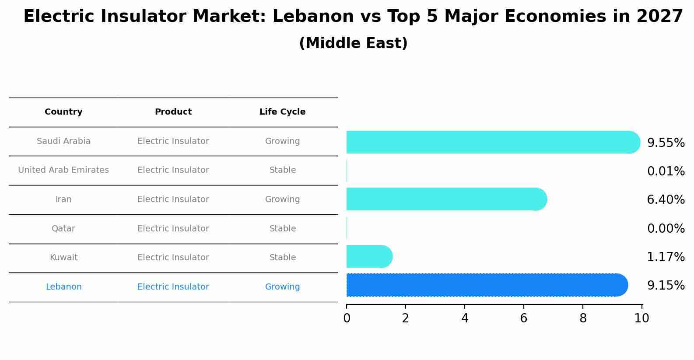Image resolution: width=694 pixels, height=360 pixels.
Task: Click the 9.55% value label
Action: click(x=666, y=143)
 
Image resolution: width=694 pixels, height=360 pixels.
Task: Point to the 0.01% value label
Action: click(x=666, y=171)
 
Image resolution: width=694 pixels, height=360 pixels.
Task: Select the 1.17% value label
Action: click(x=666, y=257)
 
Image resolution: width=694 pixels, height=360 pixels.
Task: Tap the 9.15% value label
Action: click(x=666, y=286)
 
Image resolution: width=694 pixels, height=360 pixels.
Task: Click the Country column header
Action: click(x=63, y=112)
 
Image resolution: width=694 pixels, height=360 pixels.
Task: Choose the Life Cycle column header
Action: click(x=282, y=112)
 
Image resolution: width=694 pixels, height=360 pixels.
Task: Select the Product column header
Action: click(x=173, y=112)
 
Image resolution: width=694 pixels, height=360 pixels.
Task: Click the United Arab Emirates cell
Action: click(x=63, y=170)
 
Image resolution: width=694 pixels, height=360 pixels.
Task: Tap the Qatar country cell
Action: click(x=63, y=229)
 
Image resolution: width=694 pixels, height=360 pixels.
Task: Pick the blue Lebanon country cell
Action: click(x=63, y=287)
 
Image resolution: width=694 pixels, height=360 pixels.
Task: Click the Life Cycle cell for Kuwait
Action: click(x=282, y=258)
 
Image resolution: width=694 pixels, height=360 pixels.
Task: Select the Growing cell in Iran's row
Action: click(x=282, y=199)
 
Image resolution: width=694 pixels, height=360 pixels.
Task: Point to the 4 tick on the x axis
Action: click(x=465, y=318)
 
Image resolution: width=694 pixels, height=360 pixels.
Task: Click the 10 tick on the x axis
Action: click(x=641, y=318)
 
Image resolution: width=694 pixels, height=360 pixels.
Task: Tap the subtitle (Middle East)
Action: click(x=353, y=43)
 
